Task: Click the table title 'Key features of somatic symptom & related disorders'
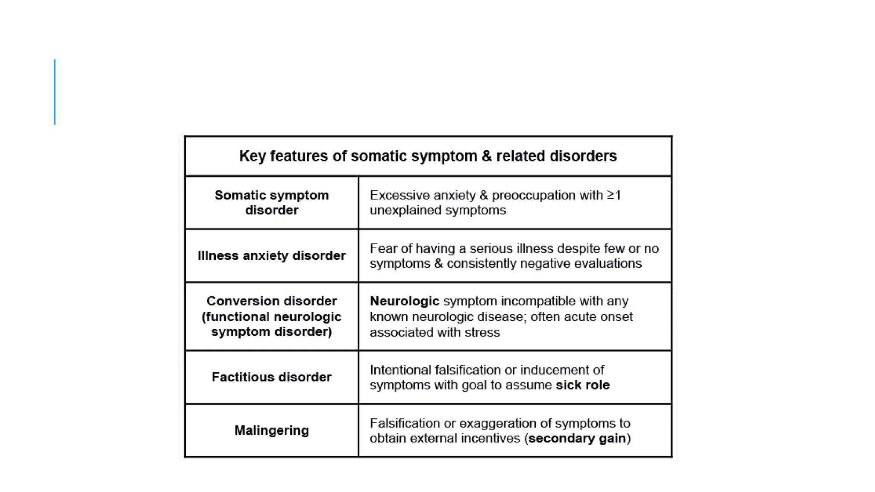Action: pyautogui.click(x=428, y=156)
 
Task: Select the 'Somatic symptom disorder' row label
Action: pyautogui.click(x=271, y=202)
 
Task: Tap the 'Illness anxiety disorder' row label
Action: pyautogui.click(x=271, y=255)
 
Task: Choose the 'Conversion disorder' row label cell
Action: pyautogui.click(x=271, y=316)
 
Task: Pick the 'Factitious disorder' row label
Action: pyautogui.click(x=271, y=377)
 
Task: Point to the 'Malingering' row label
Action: pyautogui.click(x=271, y=430)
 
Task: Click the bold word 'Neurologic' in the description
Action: pyautogui.click(x=404, y=301)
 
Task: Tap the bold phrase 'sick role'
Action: pyautogui.click(x=582, y=385)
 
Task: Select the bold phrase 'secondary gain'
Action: pyautogui.click(x=577, y=438)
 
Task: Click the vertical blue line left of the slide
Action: pyautogui.click(x=55, y=92)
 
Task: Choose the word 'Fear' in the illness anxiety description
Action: pyautogui.click(x=382, y=249)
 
